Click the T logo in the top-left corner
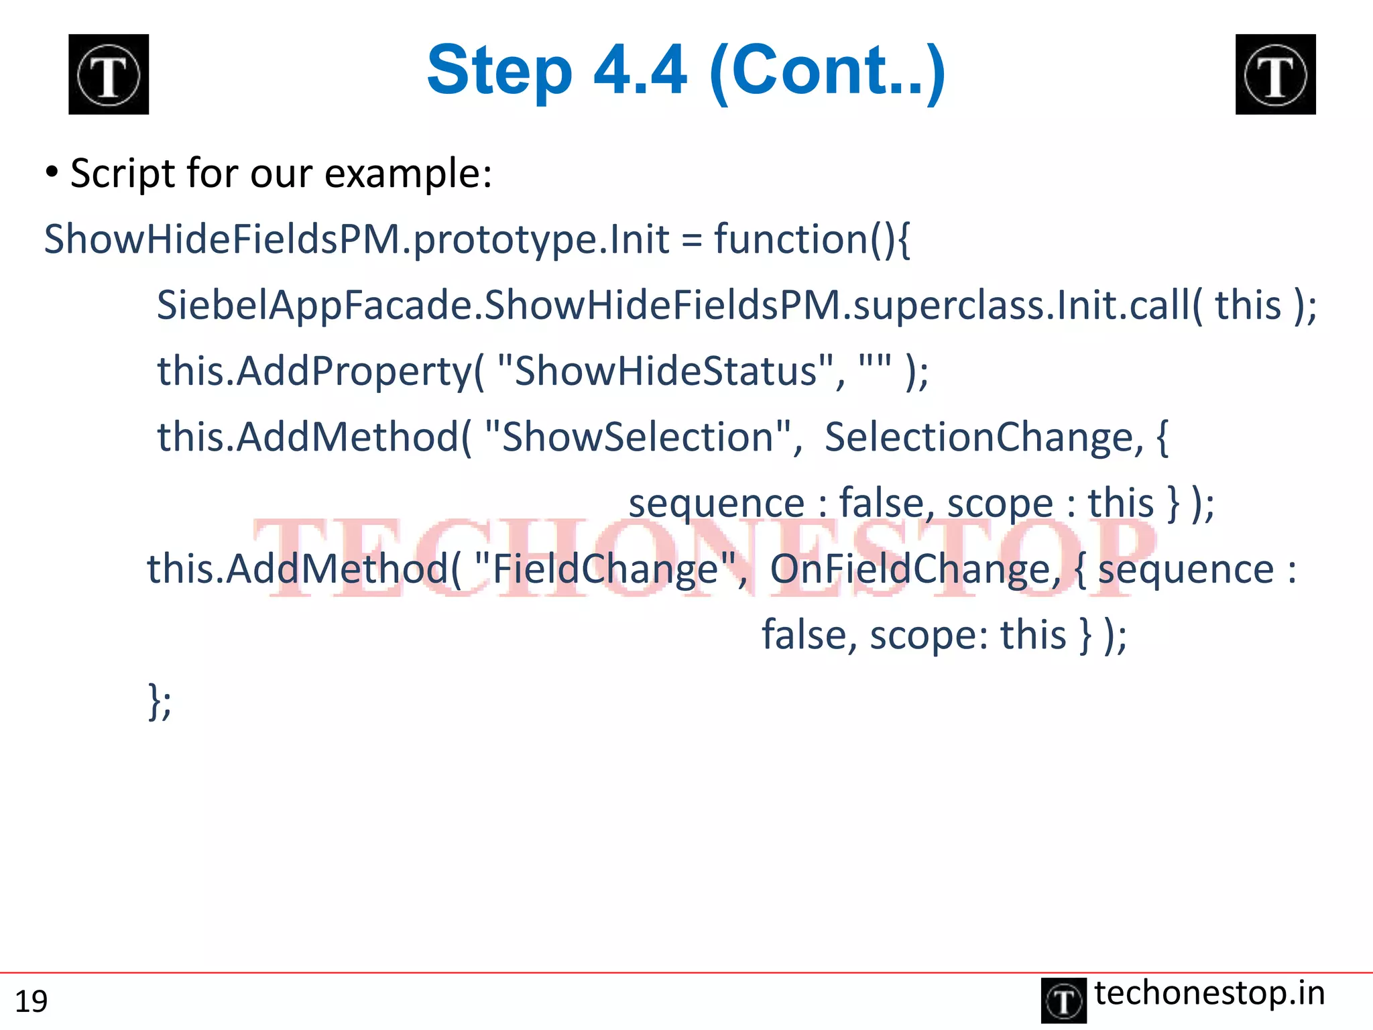109,74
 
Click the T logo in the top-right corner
1275,74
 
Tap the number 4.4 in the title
640,70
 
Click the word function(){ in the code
812,239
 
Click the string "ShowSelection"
642,437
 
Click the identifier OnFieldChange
914,569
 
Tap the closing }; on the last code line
160,701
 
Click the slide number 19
31,1001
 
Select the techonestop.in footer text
1209,993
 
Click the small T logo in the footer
1063,1000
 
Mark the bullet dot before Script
52,172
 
